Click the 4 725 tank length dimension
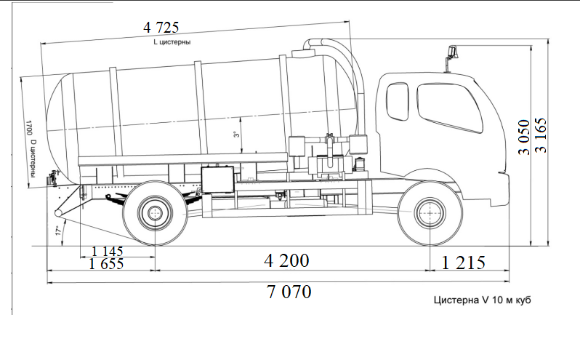(162, 28)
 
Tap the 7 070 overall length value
(289, 292)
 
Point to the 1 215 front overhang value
(463, 263)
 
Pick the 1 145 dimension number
(108, 251)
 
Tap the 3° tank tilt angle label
(235, 135)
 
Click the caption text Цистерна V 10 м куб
(478, 300)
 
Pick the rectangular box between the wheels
(219, 177)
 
